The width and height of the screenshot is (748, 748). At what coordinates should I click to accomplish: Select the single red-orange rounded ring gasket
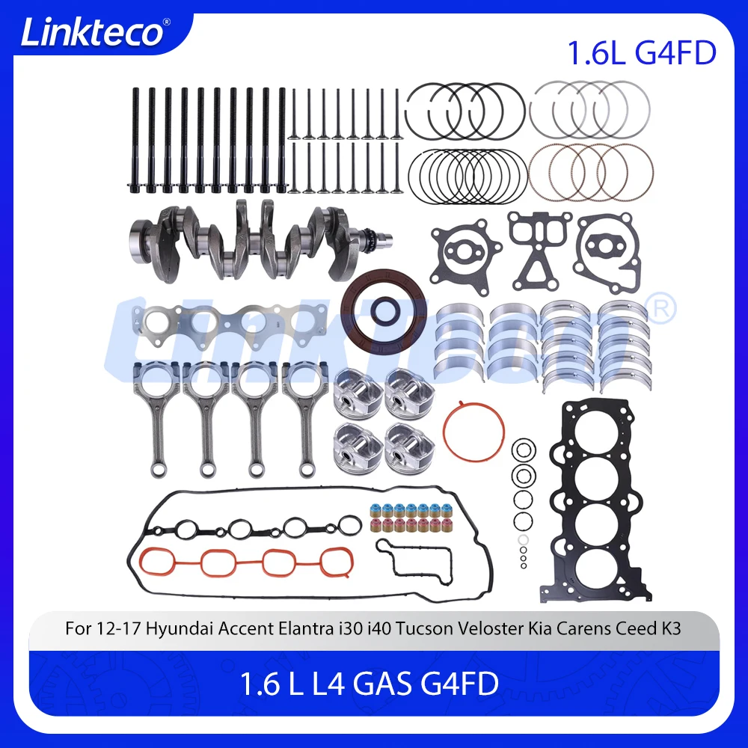tap(473, 432)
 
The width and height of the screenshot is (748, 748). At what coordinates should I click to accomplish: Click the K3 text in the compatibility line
tap(670, 628)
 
